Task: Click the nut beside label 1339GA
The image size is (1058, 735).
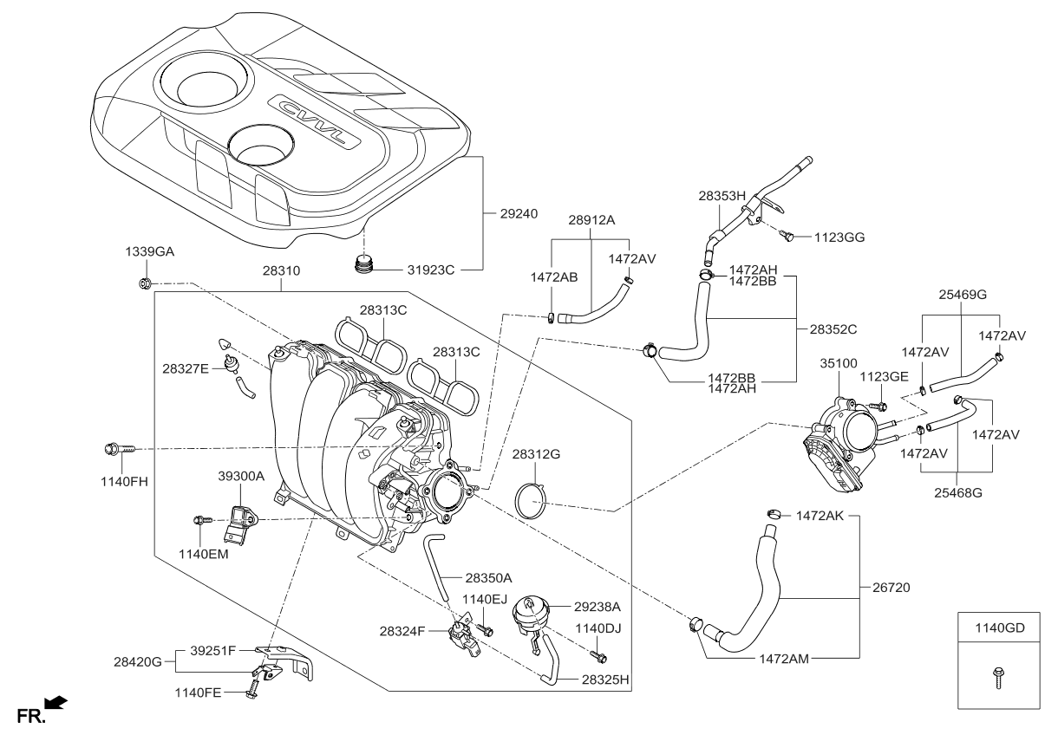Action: pyautogui.click(x=145, y=283)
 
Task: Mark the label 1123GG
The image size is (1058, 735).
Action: pyautogui.click(x=840, y=236)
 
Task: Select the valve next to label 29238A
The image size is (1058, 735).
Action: pyautogui.click(x=529, y=615)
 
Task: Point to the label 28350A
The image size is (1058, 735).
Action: pyautogui.click(x=488, y=577)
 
